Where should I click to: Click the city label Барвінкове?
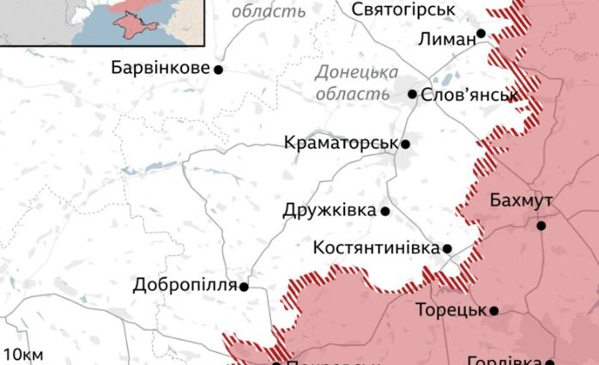160,67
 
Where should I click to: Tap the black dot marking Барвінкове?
218,69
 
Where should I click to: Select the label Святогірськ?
404,9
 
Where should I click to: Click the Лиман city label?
447,39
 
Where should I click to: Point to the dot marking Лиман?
481,33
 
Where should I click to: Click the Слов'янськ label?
469,94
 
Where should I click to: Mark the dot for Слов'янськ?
412,94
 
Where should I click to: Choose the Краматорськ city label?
341,143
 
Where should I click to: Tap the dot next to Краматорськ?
405,144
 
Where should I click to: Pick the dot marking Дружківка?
385,210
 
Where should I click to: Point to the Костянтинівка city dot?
447,248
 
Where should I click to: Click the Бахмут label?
521,201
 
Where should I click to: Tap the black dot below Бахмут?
542,226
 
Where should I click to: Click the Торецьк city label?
451,310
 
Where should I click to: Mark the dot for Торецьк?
494,310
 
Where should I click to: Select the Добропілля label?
184,285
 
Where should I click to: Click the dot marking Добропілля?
244,287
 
